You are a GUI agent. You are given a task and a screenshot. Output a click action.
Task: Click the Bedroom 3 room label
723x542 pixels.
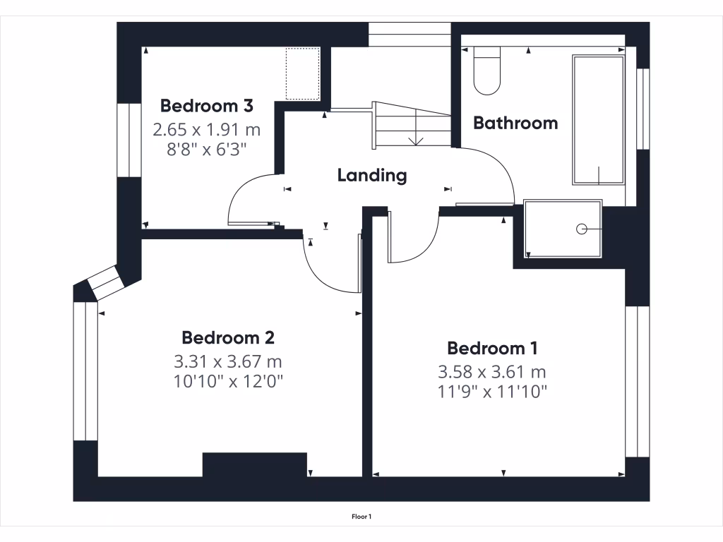207,106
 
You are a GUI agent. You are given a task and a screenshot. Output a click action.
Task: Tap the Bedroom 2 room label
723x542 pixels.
227,337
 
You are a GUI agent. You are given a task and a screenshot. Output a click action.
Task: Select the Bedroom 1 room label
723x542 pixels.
493,348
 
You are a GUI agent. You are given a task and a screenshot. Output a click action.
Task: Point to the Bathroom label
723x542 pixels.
515,123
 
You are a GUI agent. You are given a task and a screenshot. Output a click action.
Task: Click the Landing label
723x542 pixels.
372,175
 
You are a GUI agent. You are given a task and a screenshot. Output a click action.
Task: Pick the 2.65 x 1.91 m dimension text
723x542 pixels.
207,130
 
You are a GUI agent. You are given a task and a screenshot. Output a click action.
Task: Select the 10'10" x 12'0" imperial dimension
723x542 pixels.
227,382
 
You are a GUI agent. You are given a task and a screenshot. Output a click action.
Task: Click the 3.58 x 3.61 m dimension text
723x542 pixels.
493,372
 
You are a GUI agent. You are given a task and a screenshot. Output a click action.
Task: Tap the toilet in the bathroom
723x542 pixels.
486,71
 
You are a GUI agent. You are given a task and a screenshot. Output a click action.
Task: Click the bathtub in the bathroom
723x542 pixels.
598,120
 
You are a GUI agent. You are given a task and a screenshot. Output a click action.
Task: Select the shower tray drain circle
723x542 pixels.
582,229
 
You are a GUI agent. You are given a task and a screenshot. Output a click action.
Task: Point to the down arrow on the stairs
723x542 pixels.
416,138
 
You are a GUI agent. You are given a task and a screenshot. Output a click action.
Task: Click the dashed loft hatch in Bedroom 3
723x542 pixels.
302,73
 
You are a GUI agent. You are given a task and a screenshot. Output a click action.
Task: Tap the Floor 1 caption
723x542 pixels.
361,517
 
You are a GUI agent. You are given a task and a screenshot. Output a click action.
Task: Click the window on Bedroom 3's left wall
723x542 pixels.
129,140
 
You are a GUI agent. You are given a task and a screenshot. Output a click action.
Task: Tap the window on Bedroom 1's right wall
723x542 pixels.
637,381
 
